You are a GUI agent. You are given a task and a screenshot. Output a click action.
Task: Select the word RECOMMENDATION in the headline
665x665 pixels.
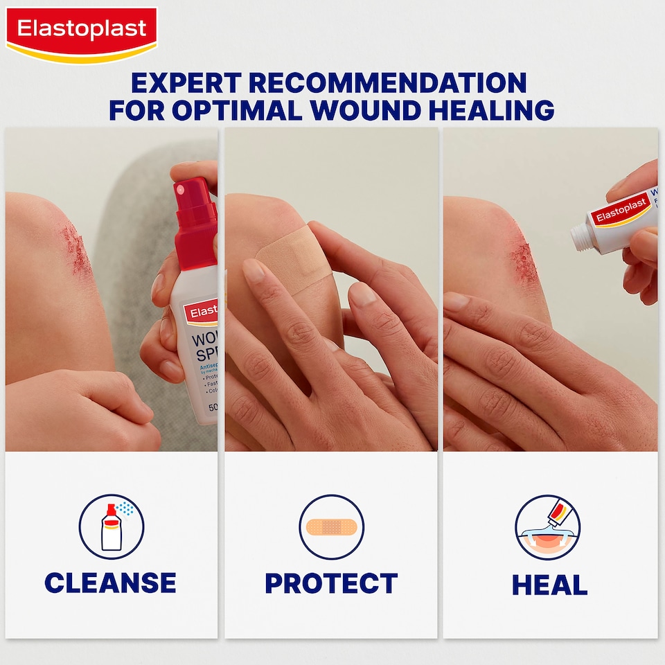[388, 83]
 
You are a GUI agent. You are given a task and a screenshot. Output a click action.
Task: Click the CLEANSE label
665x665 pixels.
[110, 583]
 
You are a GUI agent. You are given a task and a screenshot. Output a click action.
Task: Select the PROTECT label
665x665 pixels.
[331, 583]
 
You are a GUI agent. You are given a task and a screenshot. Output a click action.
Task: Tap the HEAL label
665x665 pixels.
[549, 585]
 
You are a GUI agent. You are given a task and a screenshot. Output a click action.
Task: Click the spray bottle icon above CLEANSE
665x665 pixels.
[111, 526]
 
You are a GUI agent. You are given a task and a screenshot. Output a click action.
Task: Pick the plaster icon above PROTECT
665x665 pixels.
[331, 527]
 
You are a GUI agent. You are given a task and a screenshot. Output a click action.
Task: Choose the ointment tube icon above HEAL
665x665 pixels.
[547, 527]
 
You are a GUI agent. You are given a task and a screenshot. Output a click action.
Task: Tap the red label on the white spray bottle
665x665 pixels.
[201, 312]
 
